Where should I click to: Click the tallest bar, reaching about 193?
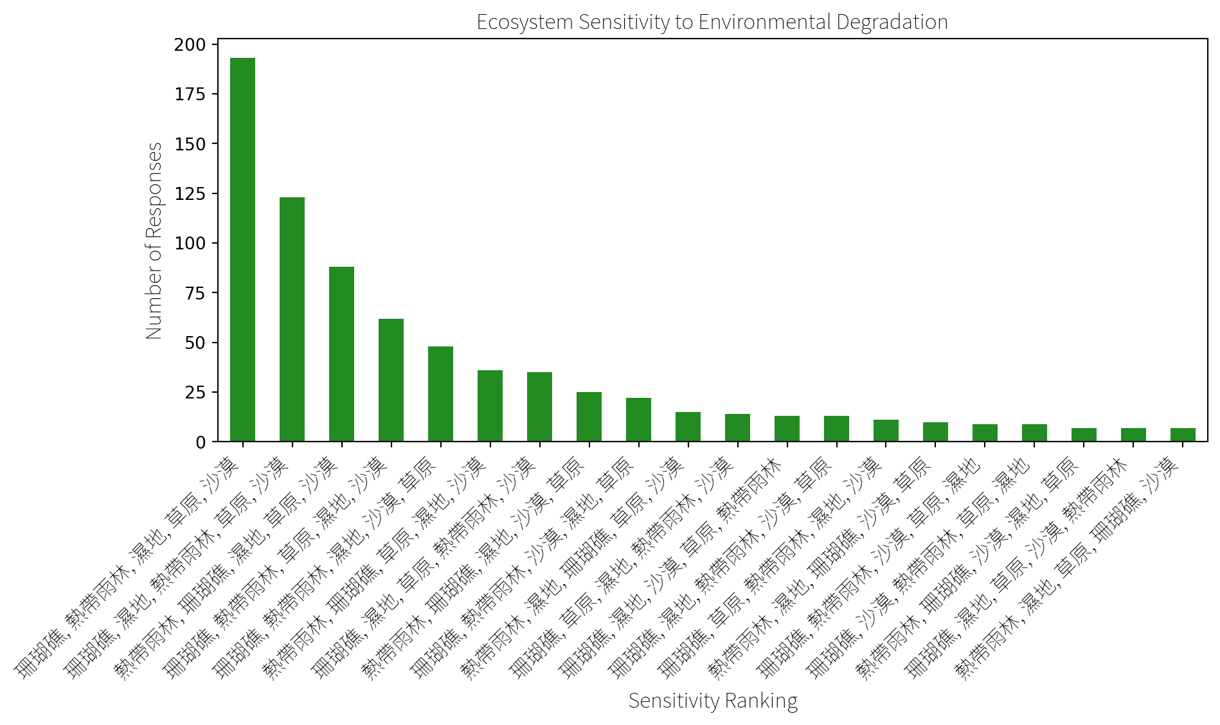point(243,249)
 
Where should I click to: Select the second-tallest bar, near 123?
point(292,319)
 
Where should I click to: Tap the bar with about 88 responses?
point(342,354)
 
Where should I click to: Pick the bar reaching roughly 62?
point(391,380)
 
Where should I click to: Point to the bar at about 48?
point(441,394)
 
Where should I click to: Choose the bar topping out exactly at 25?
point(589,416)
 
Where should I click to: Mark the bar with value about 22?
point(639,420)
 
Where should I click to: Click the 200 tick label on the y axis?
point(190,45)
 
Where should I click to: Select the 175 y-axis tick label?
point(190,94)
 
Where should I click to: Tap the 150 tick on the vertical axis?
point(190,144)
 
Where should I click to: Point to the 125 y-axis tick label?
point(190,193)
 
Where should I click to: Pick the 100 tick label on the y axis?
point(190,244)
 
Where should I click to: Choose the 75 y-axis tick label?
point(196,293)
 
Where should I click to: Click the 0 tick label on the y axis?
point(201,442)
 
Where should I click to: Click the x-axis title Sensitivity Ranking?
point(713,701)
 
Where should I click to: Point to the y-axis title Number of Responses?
point(154,240)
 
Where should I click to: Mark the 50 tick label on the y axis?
point(196,343)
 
